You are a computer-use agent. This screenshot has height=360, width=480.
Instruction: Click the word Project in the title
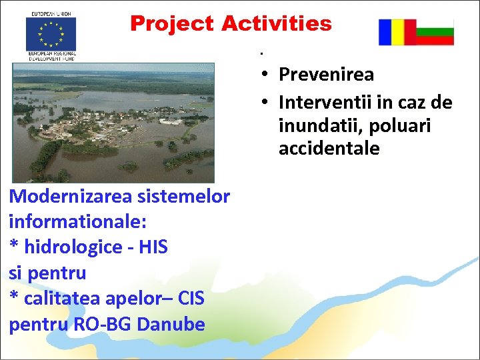coord(173,24)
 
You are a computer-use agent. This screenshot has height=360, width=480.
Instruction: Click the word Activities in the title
coord(276,24)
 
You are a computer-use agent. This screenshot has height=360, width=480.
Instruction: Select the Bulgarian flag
coord(435,32)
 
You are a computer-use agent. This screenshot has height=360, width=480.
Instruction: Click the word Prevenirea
coord(326,74)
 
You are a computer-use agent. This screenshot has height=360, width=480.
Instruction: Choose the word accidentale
coord(329,148)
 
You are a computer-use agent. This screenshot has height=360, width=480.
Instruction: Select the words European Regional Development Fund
coord(51,55)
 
